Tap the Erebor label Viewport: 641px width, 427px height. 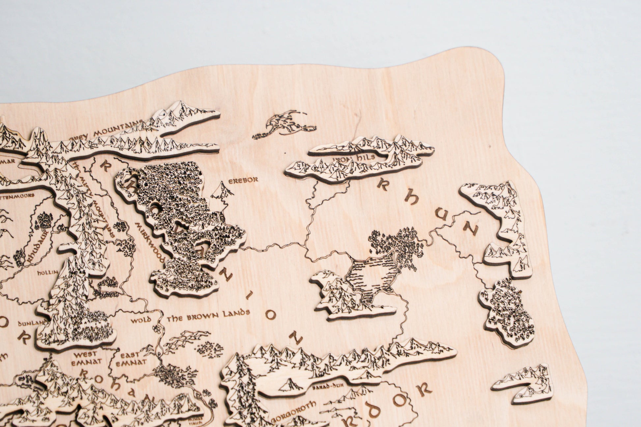click(243, 180)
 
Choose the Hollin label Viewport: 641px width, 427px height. click(47, 273)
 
